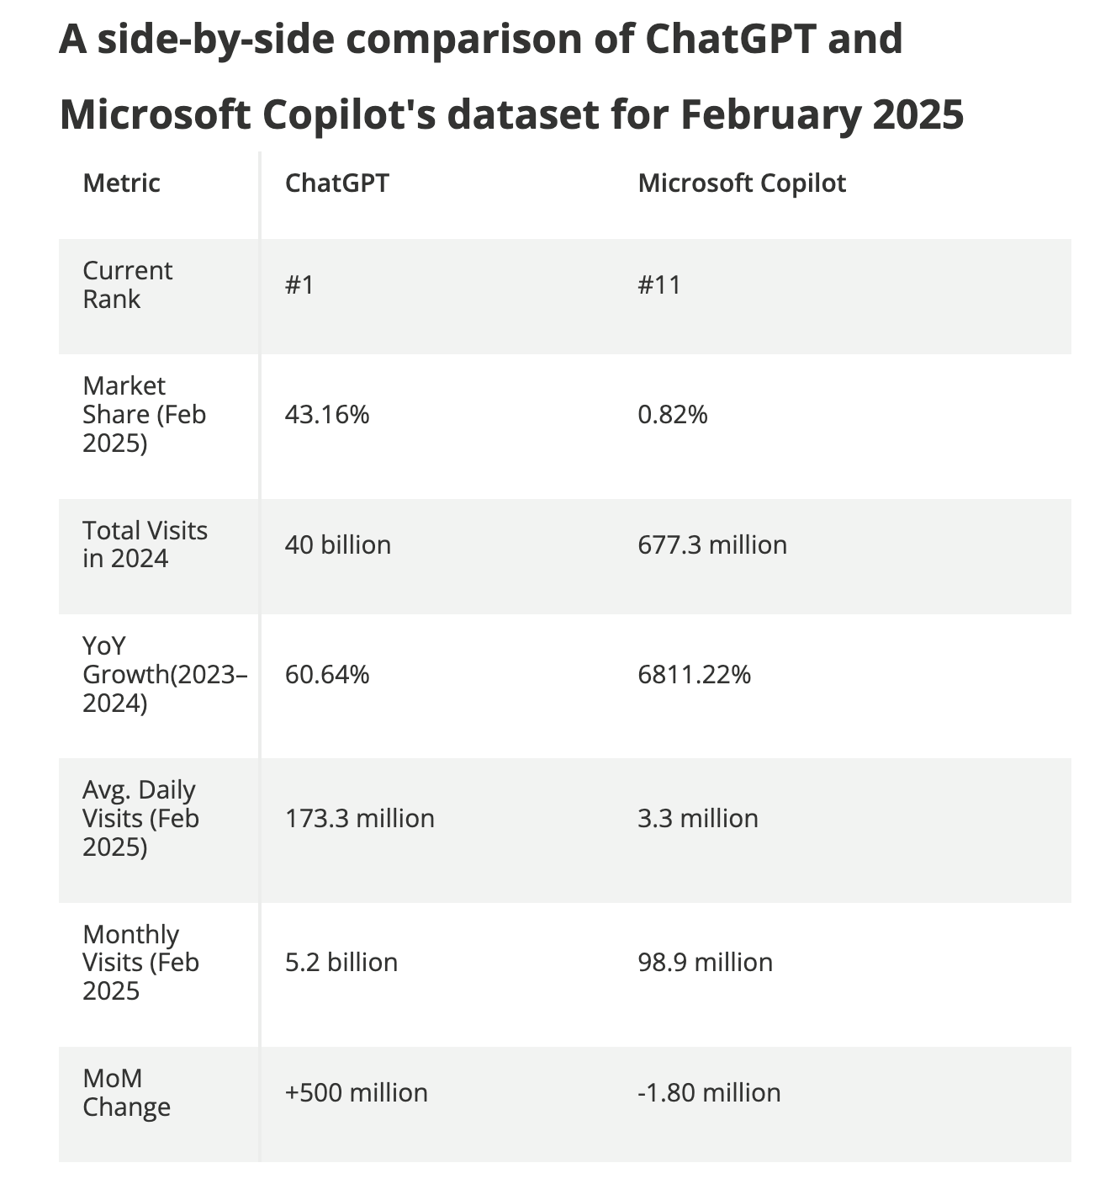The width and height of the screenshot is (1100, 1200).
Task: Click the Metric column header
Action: pyautogui.click(x=121, y=183)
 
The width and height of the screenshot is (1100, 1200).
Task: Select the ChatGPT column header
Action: pyautogui.click(x=337, y=183)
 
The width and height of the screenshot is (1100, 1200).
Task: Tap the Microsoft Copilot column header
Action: pyautogui.click(x=742, y=183)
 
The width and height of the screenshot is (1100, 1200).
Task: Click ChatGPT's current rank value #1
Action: pyautogui.click(x=299, y=284)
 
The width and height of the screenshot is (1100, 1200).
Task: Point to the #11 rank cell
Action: pyautogui.click(x=659, y=284)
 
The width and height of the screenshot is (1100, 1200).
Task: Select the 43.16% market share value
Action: pyautogui.click(x=327, y=415)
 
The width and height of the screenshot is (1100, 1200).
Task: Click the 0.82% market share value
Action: pyautogui.click(x=673, y=415)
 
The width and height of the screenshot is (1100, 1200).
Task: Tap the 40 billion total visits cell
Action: pyautogui.click(x=338, y=545)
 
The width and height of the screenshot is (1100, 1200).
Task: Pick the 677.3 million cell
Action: pyautogui.click(x=712, y=545)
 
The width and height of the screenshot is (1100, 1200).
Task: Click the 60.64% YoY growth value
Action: pyautogui.click(x=327, y=675)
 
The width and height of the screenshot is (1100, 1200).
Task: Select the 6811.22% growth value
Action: pyautogui.click(x=694, y=675)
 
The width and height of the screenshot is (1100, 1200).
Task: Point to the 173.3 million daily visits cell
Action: pyautogui.click(x=360, y=818)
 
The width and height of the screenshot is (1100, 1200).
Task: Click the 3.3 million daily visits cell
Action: pyautogui.click(x=698, y=818)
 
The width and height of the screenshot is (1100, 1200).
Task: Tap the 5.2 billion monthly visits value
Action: pyautogui.click(x=341, y=963)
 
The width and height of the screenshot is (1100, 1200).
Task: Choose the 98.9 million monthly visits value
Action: pyautogui.click(x=706, y=963)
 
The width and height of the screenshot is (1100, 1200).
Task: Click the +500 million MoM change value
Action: pyautogui.click(x=357, y=1093)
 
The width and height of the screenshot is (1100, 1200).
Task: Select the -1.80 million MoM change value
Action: pyautogui.click(x=710, y=1093)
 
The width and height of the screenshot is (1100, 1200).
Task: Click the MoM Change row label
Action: pyautogui.click(x=127, y=1093)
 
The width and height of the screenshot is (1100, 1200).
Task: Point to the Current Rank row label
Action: pyautogui.click(x=127, y=284)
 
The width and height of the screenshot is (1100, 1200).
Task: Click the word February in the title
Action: pyautogui.click(x=770, y=114)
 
